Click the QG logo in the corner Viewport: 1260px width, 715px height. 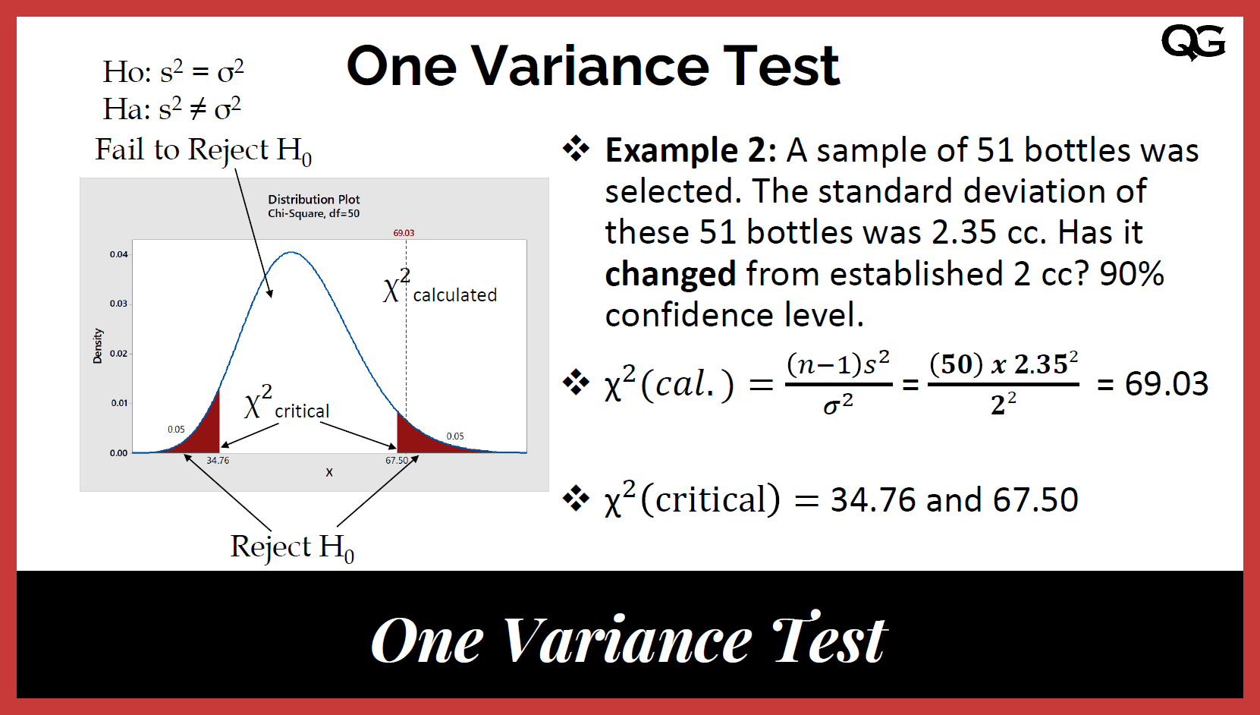[1192, 42]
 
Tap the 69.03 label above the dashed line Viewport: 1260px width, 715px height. [404, 233]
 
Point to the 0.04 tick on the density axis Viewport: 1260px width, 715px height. [118, 254]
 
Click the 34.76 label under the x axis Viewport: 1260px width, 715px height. [218, 461]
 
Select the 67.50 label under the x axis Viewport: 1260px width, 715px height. [396, 461]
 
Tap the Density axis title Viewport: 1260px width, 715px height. [97, 346]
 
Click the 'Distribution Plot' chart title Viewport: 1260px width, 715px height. [313, 200]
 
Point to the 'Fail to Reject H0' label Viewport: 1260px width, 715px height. [203, 150]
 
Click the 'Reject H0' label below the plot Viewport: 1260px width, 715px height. [292, 547]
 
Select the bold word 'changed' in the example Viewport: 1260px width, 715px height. [670, 274]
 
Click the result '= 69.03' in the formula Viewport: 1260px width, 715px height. [1152, 384]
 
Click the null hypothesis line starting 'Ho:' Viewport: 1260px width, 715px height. [173, 72]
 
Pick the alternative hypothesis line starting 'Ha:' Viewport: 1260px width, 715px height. [172, 109]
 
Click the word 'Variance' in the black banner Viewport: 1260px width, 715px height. [627, 641]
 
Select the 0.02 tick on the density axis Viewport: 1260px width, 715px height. [118, 354]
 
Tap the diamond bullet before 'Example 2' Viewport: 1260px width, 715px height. [576, 149]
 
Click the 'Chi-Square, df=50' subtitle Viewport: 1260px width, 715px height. [313, 214]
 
